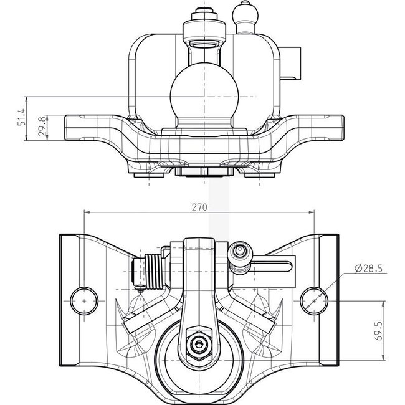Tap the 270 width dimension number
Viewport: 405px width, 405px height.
199,207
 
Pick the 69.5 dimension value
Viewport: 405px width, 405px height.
395,329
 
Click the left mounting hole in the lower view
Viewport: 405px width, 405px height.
83,299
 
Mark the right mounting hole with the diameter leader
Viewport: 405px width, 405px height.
313,299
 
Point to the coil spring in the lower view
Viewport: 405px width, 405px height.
152,270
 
